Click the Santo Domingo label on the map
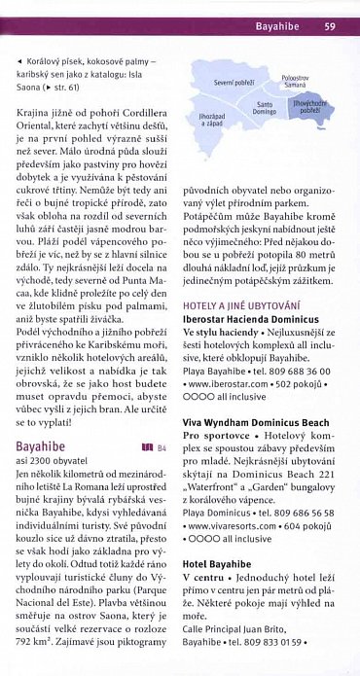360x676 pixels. coord(264,108)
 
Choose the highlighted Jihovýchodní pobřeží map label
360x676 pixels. coord(311,107)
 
